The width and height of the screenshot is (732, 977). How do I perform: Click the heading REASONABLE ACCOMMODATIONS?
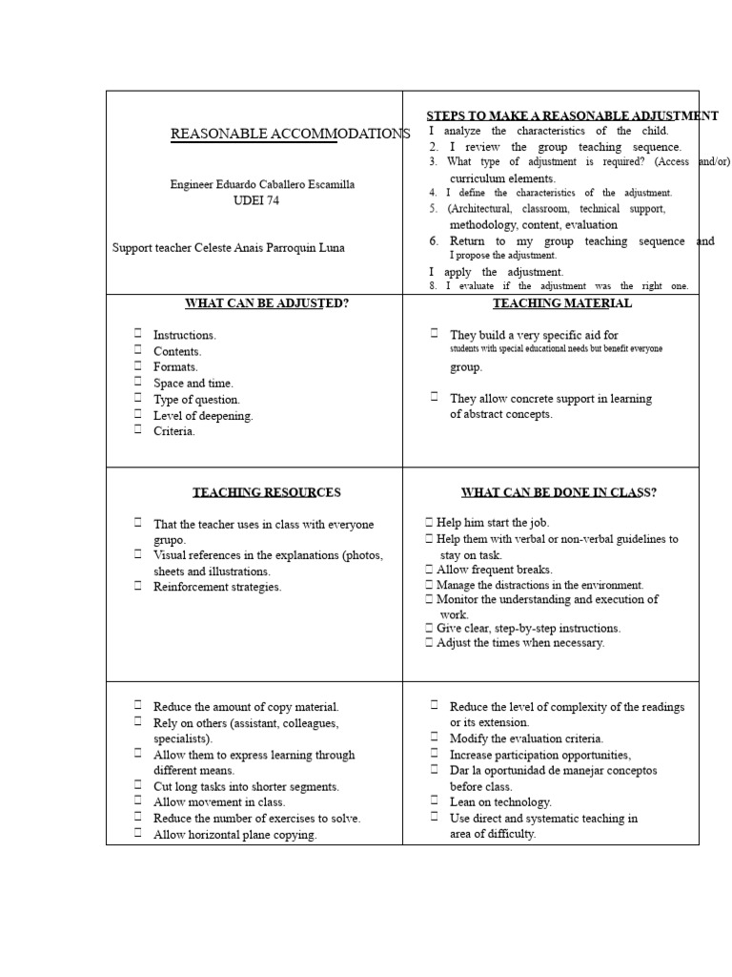[x=290, y=134]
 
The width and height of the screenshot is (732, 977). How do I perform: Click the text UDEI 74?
[x=255, y=200]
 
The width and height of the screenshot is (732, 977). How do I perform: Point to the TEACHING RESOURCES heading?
[x=266, y=492]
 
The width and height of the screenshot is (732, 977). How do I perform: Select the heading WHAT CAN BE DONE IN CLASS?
[x=559, y=492]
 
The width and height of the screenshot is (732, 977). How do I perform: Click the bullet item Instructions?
[x=185, y=335]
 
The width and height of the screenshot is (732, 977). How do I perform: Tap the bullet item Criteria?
[x=174, y=431]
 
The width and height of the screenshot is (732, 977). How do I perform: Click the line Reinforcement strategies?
[x=217, y=587]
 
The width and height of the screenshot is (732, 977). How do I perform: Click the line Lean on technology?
[x=500, y=802]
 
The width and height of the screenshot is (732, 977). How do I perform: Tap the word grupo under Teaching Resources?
[x=171, y=540]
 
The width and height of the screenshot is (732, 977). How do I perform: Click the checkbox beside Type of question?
[x=138, y=399]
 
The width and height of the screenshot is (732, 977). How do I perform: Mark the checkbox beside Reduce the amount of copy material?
[x=138, y=706]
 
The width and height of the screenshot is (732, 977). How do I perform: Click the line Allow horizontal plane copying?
[x=234, y=835]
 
